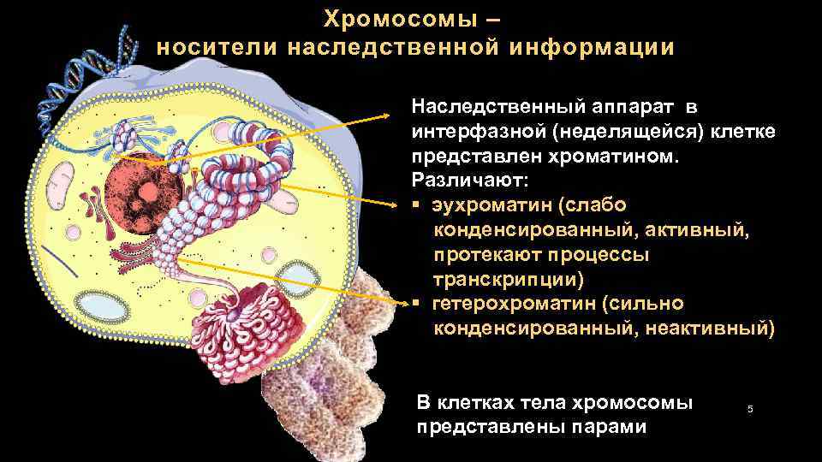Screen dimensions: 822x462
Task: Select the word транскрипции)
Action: pos(509,280)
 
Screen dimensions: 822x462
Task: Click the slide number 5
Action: pos(750,410)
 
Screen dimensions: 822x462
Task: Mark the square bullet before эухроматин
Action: pos(415,207)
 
